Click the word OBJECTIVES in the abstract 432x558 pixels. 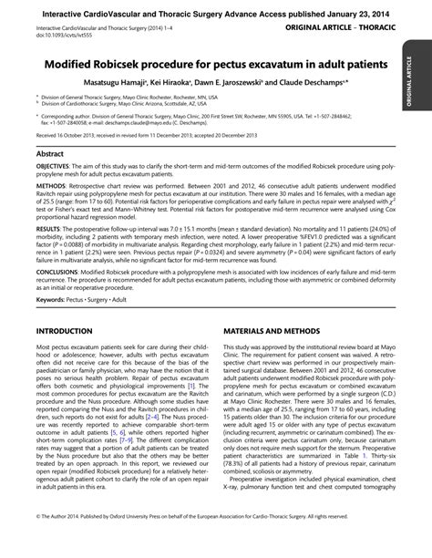coord(57,170)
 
